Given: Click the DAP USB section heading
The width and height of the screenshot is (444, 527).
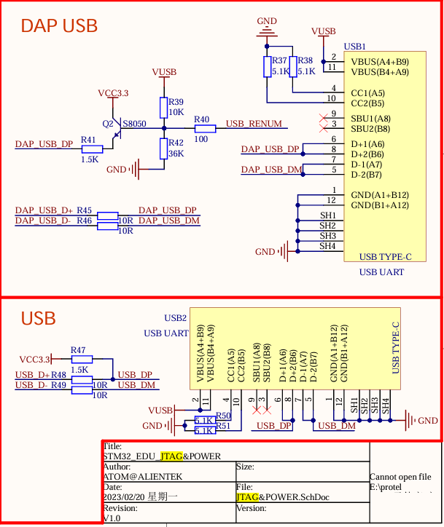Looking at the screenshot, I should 59,26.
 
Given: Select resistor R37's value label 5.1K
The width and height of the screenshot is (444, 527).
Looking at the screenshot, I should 281,71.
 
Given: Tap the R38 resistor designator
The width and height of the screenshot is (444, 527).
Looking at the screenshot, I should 305,60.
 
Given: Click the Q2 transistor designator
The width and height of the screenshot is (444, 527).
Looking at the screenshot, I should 108,124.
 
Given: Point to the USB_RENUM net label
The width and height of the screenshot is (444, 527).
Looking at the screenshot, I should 254,124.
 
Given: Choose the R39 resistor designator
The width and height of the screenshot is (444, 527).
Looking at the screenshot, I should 176,102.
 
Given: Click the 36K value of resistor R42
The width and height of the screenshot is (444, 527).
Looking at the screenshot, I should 176,154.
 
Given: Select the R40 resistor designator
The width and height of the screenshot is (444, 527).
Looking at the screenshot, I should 202,119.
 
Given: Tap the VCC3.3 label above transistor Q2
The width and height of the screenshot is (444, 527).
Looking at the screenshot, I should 113,93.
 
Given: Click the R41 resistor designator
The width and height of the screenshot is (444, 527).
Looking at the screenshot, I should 88,139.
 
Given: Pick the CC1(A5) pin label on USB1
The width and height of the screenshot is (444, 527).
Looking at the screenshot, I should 368,93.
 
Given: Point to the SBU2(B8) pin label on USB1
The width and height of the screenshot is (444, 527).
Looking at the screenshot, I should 370,129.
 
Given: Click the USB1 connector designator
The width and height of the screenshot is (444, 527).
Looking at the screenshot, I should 354,46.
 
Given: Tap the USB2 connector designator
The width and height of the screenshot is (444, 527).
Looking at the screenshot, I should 176,318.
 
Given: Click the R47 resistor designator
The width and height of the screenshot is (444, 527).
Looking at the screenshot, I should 78,350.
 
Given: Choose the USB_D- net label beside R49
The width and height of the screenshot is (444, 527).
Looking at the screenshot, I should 31,385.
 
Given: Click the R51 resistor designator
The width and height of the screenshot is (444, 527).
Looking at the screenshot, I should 223,427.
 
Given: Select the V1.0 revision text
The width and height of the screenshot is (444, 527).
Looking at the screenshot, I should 112,518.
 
